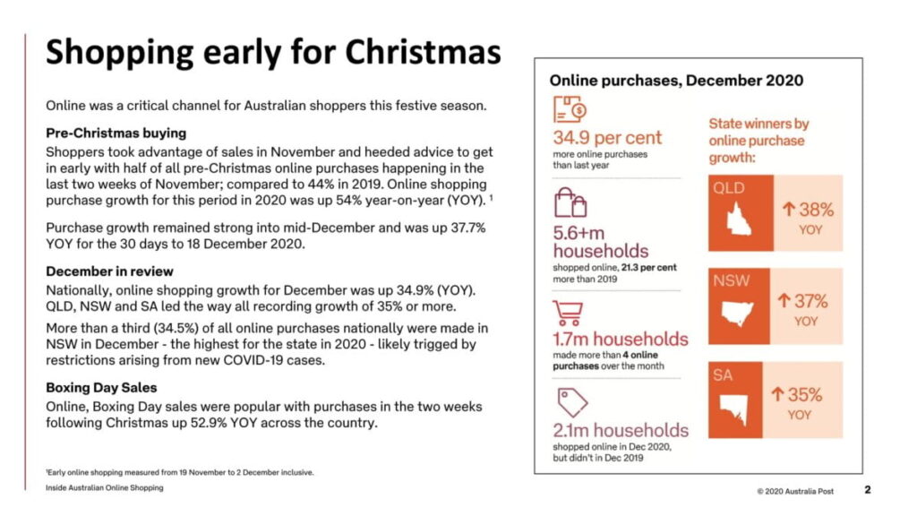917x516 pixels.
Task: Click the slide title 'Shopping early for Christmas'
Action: (273, 52)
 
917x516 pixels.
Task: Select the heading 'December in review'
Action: (110, 271)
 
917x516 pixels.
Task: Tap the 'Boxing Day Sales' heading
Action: (101, 387)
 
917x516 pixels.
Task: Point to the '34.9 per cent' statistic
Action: (607, 138)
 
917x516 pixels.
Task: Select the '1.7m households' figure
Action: (621, 340)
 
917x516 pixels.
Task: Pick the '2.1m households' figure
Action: (621, 430)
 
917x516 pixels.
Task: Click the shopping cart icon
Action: (568, 313)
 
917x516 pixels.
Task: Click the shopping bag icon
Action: (568, 204)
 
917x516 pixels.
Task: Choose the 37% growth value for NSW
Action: (805, 302)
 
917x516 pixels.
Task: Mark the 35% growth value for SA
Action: (800, 395)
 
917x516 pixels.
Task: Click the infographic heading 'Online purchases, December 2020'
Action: (676, 81)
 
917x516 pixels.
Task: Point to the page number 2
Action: (867, 490)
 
